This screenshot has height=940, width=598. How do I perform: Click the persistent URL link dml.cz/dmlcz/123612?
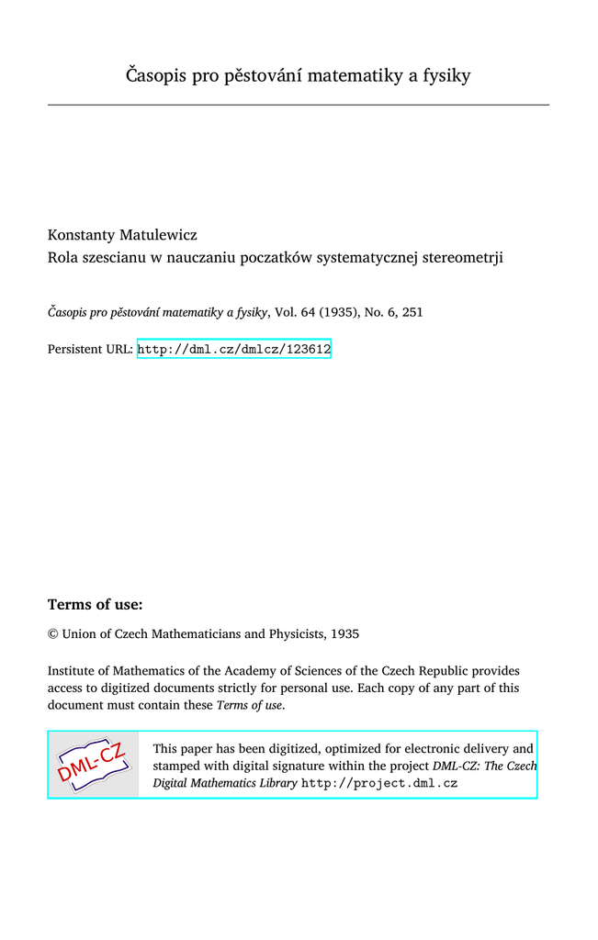(233, 349)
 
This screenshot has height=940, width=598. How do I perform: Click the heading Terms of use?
(95, 604)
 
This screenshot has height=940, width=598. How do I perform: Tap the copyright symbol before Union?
(52, 633)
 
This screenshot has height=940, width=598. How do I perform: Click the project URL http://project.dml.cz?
(379, 783)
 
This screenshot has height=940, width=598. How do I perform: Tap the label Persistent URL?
(90, 349)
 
